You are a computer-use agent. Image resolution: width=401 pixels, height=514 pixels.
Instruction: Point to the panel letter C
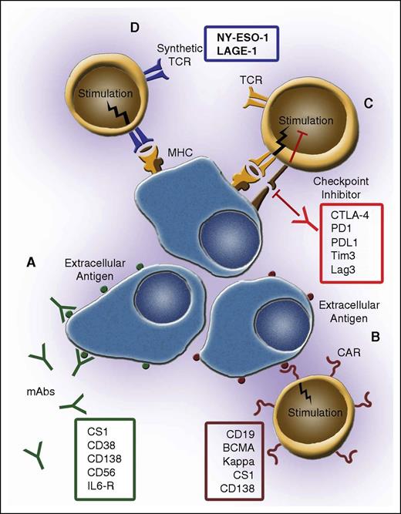coord(369,105)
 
